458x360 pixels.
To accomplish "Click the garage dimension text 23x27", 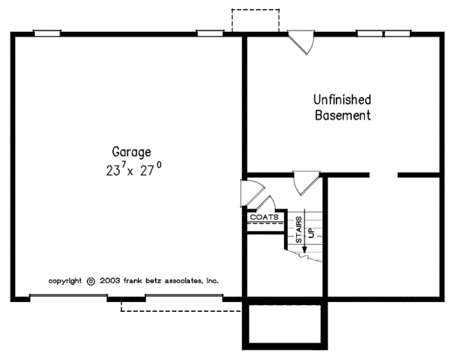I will [x=134, y=171].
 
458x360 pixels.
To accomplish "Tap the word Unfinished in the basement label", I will [x=343, y=100].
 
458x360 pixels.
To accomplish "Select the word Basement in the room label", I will [x=343, y=116].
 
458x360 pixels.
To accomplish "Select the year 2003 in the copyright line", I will [x=111, y=281].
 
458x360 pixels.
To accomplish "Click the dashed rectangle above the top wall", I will [x=256, y=21].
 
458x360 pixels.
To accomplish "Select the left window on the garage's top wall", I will [x=47, y=33].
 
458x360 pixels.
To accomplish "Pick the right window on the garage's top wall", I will [x=209, y=33].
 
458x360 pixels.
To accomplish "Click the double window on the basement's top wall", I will [x=383, y=33].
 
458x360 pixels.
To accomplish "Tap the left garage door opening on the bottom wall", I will [x=74, y=297].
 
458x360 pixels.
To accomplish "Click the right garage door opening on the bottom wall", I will [x=183, y=297].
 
